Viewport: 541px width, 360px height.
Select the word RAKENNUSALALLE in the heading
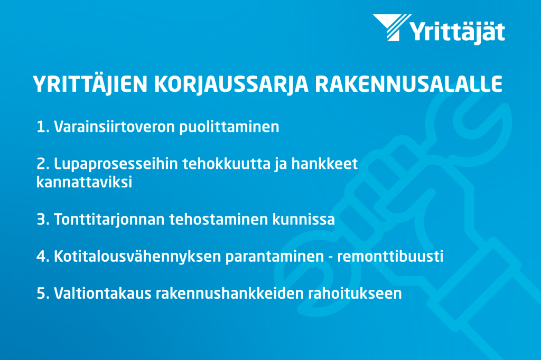409,84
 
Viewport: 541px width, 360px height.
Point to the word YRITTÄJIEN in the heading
90,84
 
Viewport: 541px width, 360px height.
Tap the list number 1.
42,127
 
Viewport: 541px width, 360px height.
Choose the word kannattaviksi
84,182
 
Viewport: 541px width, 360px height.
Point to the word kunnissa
304,219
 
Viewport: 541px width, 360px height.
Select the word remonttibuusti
390,257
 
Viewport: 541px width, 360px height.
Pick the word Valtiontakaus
103,293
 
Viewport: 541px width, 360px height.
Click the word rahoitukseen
355,293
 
